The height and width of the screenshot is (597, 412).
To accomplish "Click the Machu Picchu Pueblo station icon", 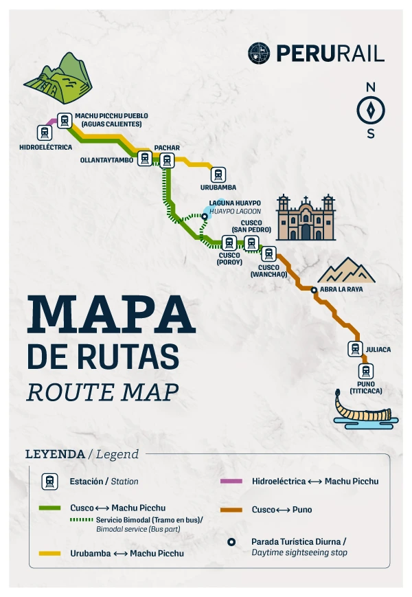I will point(65,120).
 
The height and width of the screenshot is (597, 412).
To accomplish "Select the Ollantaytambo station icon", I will point(144,159).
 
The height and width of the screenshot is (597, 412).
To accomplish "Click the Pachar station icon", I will point(166,159).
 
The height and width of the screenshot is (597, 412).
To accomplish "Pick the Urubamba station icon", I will point(218,174).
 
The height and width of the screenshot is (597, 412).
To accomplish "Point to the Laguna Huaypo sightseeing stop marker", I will point(204,215).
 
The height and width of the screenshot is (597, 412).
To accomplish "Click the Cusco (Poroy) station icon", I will point(229,243).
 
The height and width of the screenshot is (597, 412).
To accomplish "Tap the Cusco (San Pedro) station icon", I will point(251,243).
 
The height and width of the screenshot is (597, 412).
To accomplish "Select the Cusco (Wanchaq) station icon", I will point(268,254).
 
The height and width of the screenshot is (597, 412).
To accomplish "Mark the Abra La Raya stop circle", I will point(314,291).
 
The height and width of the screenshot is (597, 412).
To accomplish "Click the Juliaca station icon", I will point(355,349).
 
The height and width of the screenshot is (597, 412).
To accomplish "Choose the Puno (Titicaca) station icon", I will point(366,372).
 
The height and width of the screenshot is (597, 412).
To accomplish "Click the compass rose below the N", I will point(371,110).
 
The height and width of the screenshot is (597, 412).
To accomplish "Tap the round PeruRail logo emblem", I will point(260,53).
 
